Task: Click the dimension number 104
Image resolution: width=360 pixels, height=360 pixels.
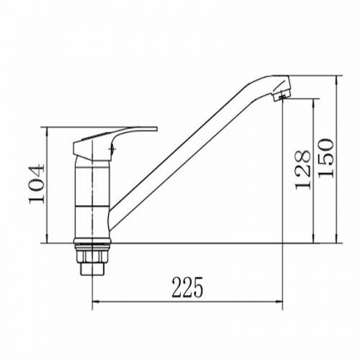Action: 37,183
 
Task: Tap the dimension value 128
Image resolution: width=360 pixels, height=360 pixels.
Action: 302,170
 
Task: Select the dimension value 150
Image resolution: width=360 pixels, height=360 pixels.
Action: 325,158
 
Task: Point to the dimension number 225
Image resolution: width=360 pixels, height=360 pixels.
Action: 187,287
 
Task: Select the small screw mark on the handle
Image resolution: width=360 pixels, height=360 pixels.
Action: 112,149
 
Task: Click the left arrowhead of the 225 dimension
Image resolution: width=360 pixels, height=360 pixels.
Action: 96,302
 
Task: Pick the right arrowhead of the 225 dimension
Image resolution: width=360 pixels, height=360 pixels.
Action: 279,302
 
